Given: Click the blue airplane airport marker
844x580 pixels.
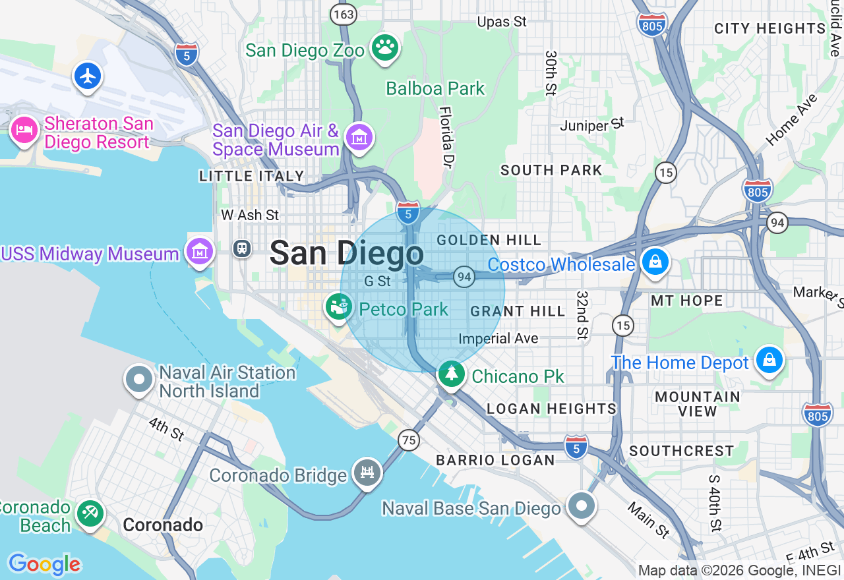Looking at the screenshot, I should pos(88,76).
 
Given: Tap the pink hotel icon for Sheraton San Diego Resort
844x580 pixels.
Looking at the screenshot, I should pos(25,130).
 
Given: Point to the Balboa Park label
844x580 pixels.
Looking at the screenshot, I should pos(435,88).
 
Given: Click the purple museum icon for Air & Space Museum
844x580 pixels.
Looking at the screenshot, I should pos(360,138).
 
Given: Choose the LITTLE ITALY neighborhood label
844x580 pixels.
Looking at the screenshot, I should pos(252,176).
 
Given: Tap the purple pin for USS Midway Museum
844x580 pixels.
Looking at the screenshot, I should pos(199,251).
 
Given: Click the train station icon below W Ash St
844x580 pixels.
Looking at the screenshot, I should pos(242,248).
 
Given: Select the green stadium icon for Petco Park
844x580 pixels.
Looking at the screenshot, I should pos(339,306).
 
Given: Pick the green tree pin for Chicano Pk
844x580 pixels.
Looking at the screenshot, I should pos(452,374).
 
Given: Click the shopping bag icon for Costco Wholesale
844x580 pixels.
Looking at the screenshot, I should pos(655,262).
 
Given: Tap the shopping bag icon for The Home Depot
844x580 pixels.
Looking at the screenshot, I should pos(769,360).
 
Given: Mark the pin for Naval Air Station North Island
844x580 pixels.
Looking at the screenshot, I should pos(139,380).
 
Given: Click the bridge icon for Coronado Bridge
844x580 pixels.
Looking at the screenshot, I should pos(367,472).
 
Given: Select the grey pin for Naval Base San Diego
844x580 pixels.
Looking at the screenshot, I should pos(581,506).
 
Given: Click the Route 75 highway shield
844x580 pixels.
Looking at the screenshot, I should pos(409,440).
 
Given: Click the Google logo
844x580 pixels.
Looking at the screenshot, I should pos(44,564).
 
